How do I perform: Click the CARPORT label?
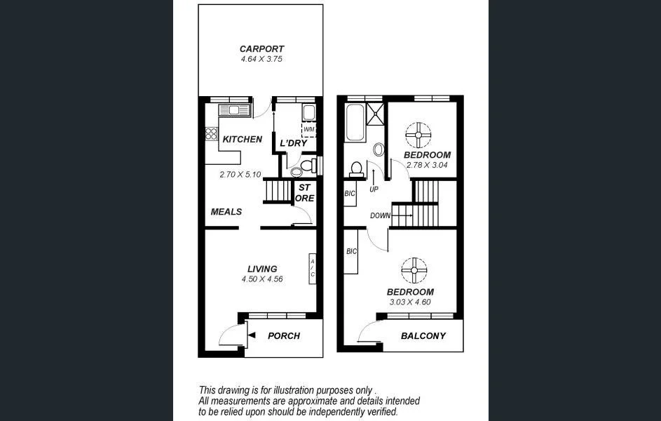pyautogui.click(x=261, y=49)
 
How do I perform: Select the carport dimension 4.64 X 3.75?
pyautogui.click(x=261, y=60)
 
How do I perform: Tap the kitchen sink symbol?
pyautogui.click(x=234, y=110)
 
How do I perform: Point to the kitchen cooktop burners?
pyautogui.click(x=211, y=133)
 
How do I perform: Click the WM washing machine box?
pyautogui.click(x=308, y=130)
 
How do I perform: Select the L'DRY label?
pyautogui.click(x=294, y=143)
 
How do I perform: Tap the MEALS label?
pyautogui.click(x=226, y=211)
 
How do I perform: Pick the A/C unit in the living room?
pyautogui.click(x=312, y=268)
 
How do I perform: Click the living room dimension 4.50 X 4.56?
pyautogui.click(x=261, y=279)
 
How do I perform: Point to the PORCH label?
pyautogui.click(x=284, y=336)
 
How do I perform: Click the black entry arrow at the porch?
pyautogui.click(x=252, y=335)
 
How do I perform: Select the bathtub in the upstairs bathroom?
pyautogui.click(x=354, y=123)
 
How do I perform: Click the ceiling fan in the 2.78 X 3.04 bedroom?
pyautogui.click(x=418, y=135)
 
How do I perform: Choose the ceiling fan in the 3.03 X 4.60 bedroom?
pyautogui.click(x=414, y=270)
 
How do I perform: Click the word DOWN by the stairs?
pyautogui.click(x=380, y=215)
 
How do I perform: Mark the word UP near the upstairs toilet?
pyautogui.click(x=374, y=189)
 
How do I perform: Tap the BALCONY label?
pyautogui.click(x=423, y=336)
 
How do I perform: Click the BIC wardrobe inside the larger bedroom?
pyautogui.click(x=352, y=251)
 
